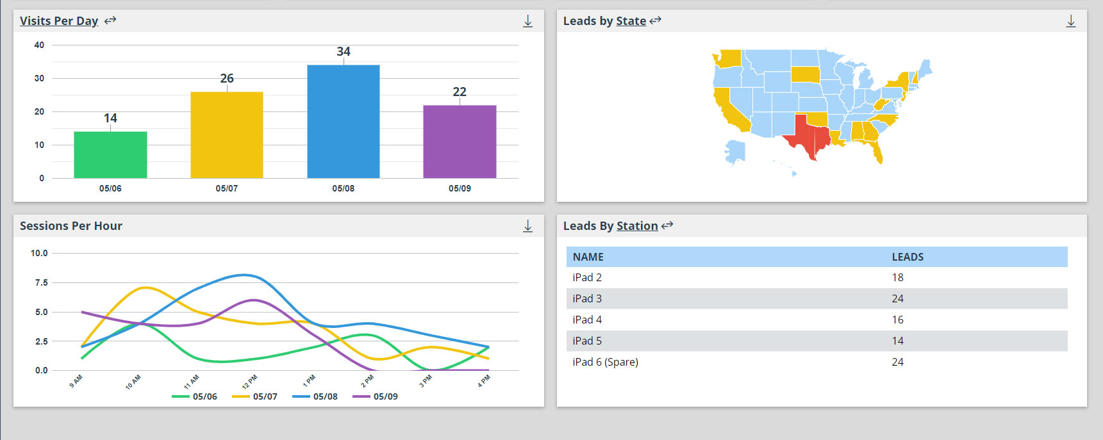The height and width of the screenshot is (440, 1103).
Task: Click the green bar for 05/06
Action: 110,155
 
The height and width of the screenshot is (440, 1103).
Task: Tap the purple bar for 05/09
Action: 460,142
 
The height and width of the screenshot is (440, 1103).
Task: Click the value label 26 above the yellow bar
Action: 227,78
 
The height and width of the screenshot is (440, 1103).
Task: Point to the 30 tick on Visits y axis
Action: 40,78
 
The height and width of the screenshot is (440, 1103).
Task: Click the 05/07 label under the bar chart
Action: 227,188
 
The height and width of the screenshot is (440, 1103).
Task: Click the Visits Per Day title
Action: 59,20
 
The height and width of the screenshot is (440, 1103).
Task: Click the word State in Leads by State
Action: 631,21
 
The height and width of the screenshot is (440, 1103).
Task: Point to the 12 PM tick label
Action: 249,382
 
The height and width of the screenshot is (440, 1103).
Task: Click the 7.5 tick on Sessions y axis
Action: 41,282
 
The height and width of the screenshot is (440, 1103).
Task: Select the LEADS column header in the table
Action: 908,257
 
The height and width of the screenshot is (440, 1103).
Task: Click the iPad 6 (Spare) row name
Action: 605,362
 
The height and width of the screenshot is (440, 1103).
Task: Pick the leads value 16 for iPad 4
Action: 897,320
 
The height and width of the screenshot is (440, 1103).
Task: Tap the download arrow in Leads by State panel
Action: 1070,21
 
